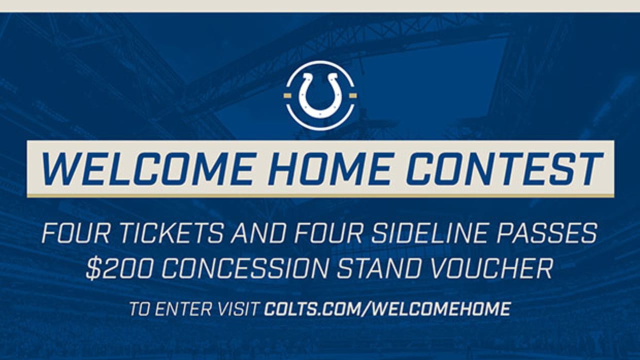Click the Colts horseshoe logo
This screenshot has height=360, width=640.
[320, 95]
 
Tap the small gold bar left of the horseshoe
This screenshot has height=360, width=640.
[287, 95]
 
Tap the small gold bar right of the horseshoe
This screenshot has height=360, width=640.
[352, 95]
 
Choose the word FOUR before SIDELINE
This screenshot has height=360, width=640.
[330, 233]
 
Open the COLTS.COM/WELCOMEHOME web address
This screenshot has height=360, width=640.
[387, 308]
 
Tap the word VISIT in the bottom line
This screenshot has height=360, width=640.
[239, 308]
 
